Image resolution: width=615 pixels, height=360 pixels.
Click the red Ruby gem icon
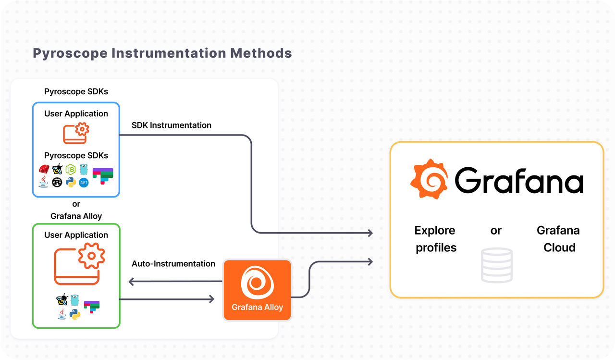point(44,169)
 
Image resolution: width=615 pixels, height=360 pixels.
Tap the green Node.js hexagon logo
point(71,169)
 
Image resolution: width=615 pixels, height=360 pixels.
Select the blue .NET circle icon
point(84,183)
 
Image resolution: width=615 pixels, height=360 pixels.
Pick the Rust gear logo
point(57,183)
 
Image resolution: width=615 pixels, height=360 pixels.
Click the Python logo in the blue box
point(71,183)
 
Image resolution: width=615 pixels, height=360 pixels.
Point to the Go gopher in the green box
point(74,301)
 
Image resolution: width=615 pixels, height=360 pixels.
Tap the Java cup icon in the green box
point(62,314)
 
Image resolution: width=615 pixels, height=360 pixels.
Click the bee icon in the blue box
point(57,169)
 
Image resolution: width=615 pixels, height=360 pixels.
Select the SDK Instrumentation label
point(172,125)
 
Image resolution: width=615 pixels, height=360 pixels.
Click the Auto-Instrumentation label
point(173,264)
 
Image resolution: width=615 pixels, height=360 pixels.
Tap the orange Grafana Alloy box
point(257,290)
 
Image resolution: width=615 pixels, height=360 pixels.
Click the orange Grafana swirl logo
point(429,179)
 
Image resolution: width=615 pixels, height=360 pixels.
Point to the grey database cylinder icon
point(496,265)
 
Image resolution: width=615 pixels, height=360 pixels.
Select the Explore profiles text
point(436,239)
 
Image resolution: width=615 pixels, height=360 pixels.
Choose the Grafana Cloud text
point(558,239)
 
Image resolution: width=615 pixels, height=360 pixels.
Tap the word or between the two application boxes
point(76,204)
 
